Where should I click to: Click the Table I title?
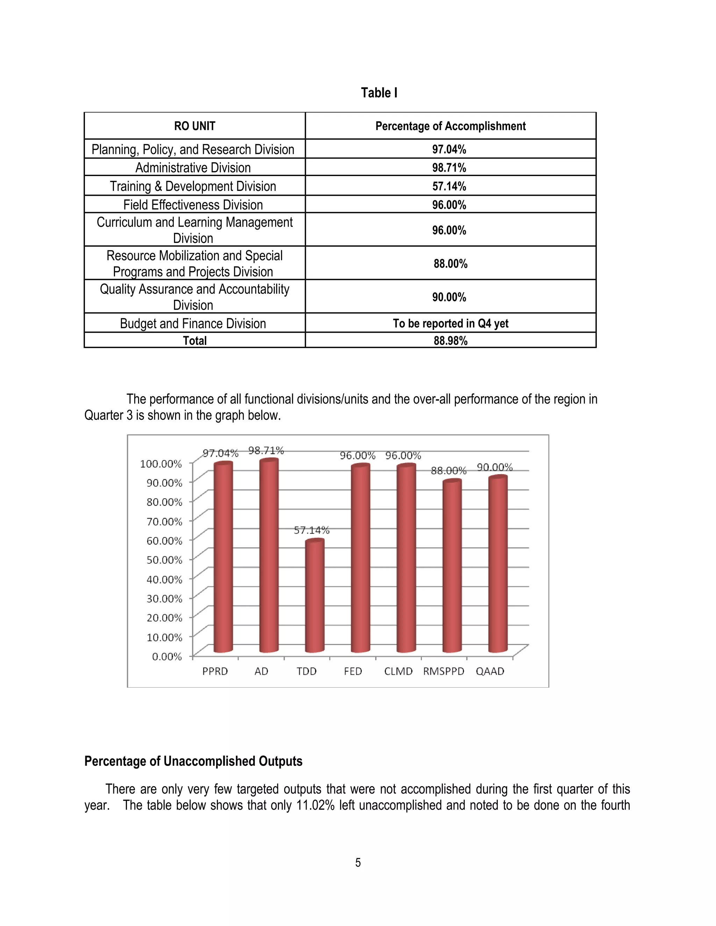pos(379,93)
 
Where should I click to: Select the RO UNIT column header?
pos(195,126)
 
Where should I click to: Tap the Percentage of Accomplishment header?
pos(450,126)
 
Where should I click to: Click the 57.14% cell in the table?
pos(449,186)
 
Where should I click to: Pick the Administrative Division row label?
pos(193,168)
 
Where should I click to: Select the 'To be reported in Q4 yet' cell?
pos(450,324)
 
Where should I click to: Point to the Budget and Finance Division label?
pos(193,324)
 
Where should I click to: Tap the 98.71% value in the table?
pos(449,168)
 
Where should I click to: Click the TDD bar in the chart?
pos(314,598)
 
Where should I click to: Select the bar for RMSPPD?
pos(452,568)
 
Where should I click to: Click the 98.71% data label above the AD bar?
pos(266,450)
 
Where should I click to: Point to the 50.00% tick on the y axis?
pos(164,560)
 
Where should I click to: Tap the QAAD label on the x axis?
pos(490,672)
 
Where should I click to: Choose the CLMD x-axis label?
pos(398,672)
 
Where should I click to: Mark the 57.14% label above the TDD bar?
pos(312,530)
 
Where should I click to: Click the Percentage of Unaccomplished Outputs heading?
pos(193,761)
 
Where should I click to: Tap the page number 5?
pos(358,863)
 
